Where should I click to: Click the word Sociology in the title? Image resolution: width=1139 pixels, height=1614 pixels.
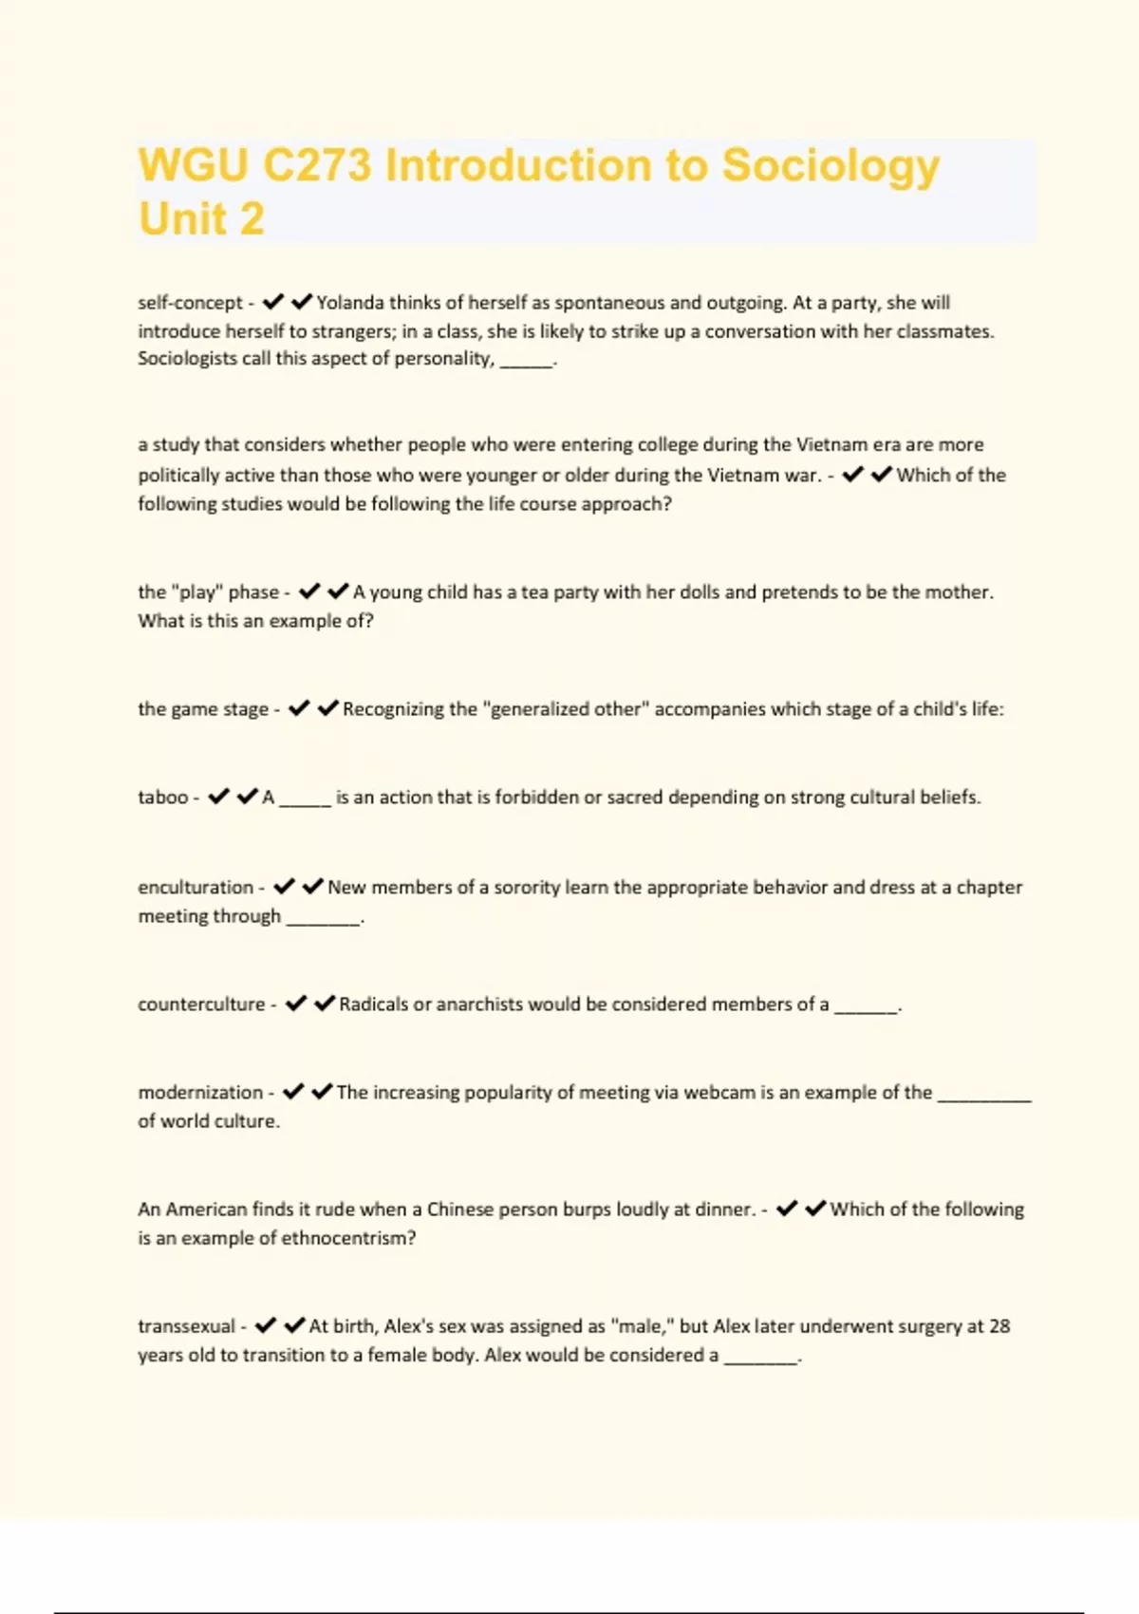(x=831, y=166)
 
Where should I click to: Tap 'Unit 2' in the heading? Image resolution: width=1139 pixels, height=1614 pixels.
(x=201, y=219)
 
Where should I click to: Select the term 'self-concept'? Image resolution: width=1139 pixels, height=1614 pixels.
(x=191, y=303)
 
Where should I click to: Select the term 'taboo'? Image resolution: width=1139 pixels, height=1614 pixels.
(x=163, y=798)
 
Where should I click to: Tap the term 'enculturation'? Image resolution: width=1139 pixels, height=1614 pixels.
(x=196, y=888)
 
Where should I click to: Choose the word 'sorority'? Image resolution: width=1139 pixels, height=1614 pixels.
(x=520, y=888)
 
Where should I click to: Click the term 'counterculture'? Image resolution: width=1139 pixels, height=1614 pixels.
(x=201, y=1004)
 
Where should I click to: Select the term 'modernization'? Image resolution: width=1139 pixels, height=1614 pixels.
(x=200, y=1093)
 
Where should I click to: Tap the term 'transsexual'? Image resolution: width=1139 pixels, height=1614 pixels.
(x=186, y=1326)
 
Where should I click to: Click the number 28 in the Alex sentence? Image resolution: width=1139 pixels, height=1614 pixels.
(x=999, y=1326)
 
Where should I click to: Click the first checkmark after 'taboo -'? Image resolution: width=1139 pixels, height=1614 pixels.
(x=218, y=797)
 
